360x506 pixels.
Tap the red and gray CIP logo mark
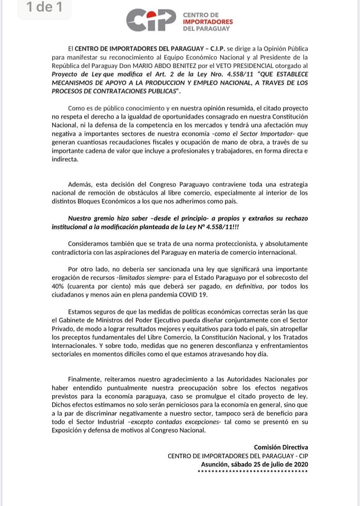(150, 21)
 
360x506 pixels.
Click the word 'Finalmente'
(87, 379)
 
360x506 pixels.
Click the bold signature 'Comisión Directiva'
(280, 447)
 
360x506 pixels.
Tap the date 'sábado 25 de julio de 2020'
(268, 464)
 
